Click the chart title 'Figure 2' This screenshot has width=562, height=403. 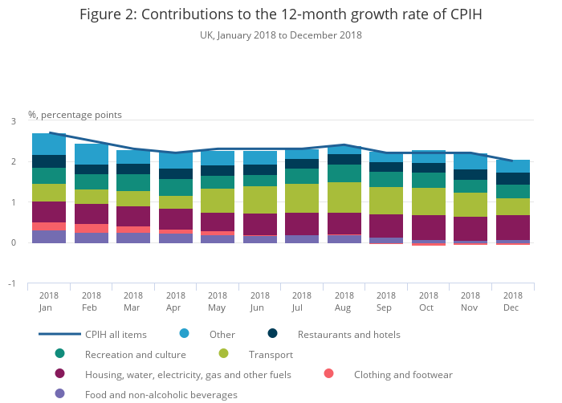click(x=281, y=14)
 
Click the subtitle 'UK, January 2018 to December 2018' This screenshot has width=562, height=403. click(x=281, y=35)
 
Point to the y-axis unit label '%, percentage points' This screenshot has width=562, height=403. click(x=75, y=115)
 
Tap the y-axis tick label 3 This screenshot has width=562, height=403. click(x=13, y=121)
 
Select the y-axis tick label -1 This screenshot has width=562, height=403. click(x=11, y=284)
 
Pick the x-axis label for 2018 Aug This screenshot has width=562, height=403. click(x=344, y=301)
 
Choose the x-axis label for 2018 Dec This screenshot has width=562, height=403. click(x=513, y=301)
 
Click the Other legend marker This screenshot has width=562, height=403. click(x=185, y=334)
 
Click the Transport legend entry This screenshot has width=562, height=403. click(x=271, y=354)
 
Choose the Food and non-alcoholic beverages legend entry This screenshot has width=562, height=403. click(x=161, y=394)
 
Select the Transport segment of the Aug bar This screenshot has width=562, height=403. click(x=344, y=197)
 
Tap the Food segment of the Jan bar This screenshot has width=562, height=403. click(x=49, y=237)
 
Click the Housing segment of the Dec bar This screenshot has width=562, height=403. click(x=513, y=227)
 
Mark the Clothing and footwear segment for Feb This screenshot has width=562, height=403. click(x=92, y=229)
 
